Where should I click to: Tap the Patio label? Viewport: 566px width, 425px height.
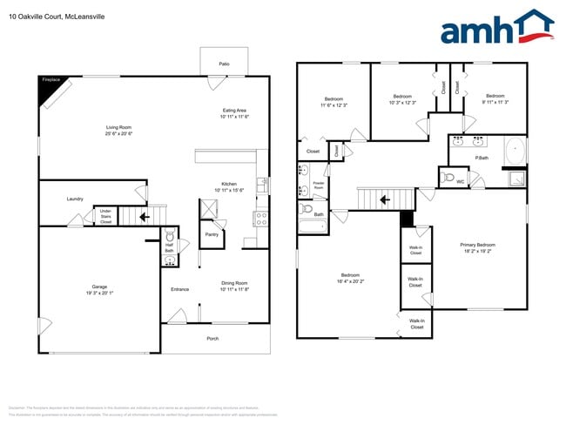[224, 64]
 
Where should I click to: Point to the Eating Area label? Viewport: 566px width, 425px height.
[234, 113]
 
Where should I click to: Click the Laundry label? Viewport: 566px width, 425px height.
[75, 199]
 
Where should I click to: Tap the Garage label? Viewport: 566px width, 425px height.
[99, 289]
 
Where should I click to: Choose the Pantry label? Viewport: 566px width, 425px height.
[212, 233]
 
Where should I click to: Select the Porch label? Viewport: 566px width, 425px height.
[212, 338]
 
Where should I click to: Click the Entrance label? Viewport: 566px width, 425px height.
[179, 289]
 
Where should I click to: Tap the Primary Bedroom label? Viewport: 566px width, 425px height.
[478, 247]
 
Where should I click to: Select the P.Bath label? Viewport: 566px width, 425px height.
[481, 157]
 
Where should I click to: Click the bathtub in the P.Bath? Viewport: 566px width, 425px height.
[515, 150]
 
